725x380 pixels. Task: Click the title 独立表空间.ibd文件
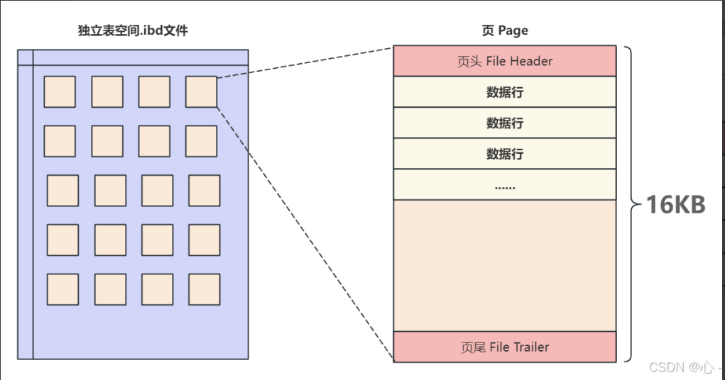(133, 31)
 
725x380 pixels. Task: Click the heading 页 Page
(504, 31)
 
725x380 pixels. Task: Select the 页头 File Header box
(505, 61)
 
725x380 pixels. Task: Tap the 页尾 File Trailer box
(505, 347)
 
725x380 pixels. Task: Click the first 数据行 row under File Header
(505, 92)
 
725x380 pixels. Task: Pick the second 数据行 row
(505, 123)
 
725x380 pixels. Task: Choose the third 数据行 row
(505, 154)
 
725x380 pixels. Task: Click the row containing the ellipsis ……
(505, 185)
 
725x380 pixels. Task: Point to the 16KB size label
(675, 205)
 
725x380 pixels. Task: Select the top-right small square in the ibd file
(201, 91)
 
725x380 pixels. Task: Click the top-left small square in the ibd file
(60, 91)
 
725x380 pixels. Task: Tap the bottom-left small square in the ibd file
(62, 289)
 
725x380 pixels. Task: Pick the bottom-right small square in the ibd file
(205, 289)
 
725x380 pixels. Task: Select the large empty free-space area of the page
(505, 265)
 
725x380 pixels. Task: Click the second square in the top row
(107, 91)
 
